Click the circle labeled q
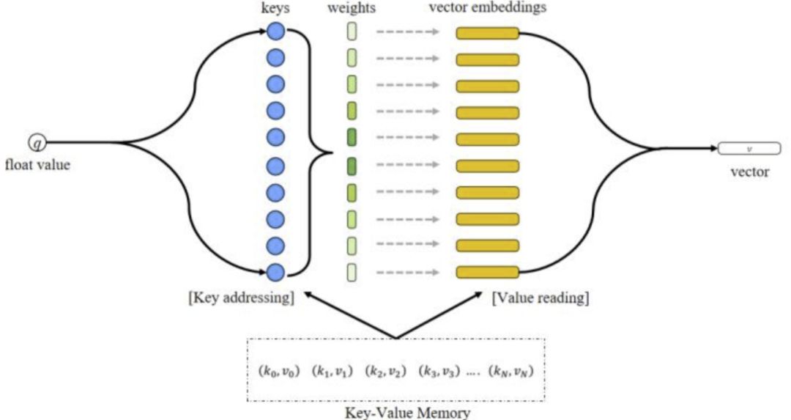[37, 143]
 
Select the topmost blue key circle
[276, 32]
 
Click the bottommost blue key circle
[276, 273]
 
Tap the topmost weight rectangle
[352, 32]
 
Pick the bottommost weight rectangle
[352, 273]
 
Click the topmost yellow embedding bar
[487, 33]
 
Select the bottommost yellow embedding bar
[487, 273]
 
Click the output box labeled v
[749, 149]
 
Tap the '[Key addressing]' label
[241, 298]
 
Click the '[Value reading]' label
[541, 298]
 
